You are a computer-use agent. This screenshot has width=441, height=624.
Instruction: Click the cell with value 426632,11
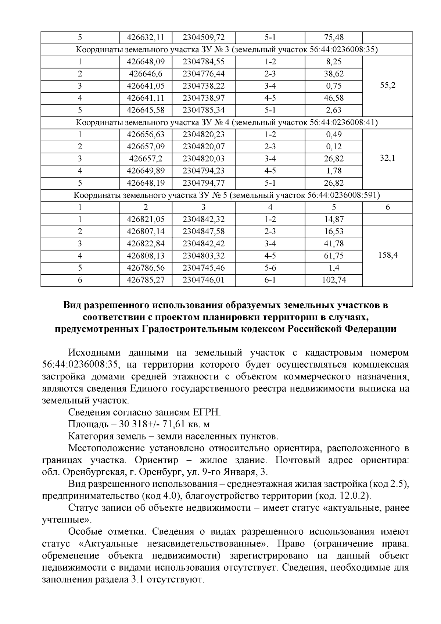pyautogui.click(x=146, y=38)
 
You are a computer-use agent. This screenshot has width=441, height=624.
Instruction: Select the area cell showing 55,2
pyautogui.click(x=387, y=86)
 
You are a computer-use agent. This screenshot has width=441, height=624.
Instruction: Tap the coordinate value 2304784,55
pyautogui.click(x=203, y=62)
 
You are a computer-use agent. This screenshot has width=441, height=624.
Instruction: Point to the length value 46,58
pyautogui.click(x=333, y=98)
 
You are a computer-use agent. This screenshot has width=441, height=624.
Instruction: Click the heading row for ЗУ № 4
pyautogui.click(x=226, y=122)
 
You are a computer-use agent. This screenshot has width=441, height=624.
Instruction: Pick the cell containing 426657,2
pyautogui.click(x=146, y=158)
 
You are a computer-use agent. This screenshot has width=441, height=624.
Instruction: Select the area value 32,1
pyautogui.click(x=387, y=158)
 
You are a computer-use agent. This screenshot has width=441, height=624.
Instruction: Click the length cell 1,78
pyautogui.click(x=333, y=171)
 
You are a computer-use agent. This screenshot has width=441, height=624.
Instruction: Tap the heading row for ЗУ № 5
pyautogui.click(x=226, y=195)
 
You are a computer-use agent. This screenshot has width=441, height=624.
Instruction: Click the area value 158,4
pyautogui.click(x=387, y=255)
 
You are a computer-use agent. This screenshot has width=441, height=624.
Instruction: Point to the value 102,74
pyautogui.click(x=333, y=280)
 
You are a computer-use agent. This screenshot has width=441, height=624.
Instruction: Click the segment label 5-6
pyautogui.click(x=270, y=268)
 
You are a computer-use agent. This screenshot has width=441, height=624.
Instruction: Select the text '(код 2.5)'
pyautogui.click(x=389, y=484)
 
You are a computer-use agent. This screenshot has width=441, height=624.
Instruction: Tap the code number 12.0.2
pyautogui.click(x=354, y=496)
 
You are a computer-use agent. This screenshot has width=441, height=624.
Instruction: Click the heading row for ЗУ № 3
pyautogui.click(x=226, y=50)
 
